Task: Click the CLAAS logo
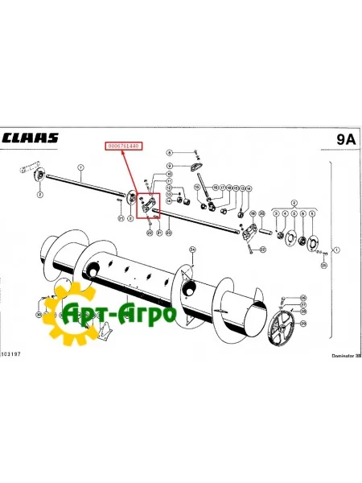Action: [31, 138]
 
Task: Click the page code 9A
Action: [345, 138]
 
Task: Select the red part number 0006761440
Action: [123, 147]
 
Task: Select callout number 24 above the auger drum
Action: [192, 250]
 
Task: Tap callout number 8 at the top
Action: [170, 151]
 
